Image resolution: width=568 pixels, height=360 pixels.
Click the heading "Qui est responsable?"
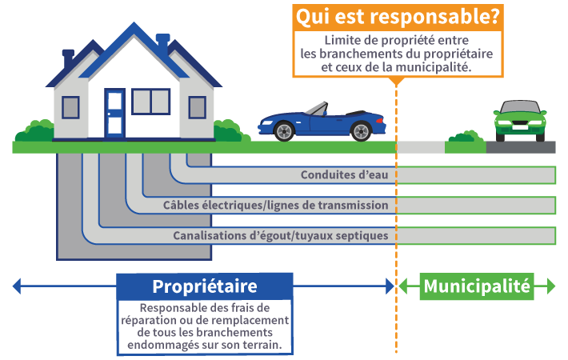pyautogui.click(x=397, y=17)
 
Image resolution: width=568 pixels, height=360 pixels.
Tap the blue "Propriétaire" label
pyautogui.click(x=204, y=286)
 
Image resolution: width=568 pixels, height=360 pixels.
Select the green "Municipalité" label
pyautogui.click(x=477, y=286)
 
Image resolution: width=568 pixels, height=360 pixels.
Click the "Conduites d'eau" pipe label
pyautogui.click(x=344, y=175)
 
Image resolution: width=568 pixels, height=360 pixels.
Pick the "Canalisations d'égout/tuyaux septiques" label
pyautogui.click(x=280, y=236)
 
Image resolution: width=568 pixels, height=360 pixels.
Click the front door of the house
pyautogui.click(x=114, y=113)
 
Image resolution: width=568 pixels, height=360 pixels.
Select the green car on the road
pyautogui.click(x=520, y=120)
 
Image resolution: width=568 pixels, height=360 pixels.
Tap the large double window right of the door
pyautogui.click(x=150, y=102)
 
